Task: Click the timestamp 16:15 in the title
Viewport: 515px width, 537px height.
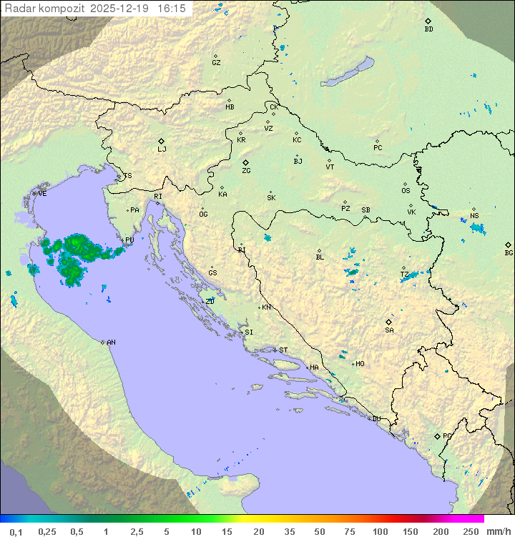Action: point(172,9)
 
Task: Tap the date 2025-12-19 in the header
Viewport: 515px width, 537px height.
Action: point(123,9)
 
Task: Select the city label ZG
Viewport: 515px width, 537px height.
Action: point(246,171)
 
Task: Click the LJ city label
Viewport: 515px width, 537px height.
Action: point(162,149)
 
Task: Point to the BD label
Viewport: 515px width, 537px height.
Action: point(428,29)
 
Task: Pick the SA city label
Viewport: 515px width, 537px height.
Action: point(389,330)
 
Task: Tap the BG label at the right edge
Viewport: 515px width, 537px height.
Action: point(509,253)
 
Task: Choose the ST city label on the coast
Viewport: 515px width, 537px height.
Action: point(283,350)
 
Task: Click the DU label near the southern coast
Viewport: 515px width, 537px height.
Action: point(376,419)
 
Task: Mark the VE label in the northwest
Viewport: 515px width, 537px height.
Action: point(42,194)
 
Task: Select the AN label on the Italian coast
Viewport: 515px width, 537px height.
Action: point(111,343)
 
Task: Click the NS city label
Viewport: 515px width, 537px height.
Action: point(474,216)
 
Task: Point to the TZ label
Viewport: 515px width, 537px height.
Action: point(404,275)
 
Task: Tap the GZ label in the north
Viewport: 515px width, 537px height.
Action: point(216,63)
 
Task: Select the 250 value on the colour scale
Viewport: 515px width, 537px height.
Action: point(471,531)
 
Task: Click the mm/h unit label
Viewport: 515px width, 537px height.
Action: point(498,531)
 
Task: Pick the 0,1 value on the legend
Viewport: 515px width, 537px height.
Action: point(16,531)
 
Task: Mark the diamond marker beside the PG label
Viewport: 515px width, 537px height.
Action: point(437,435)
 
